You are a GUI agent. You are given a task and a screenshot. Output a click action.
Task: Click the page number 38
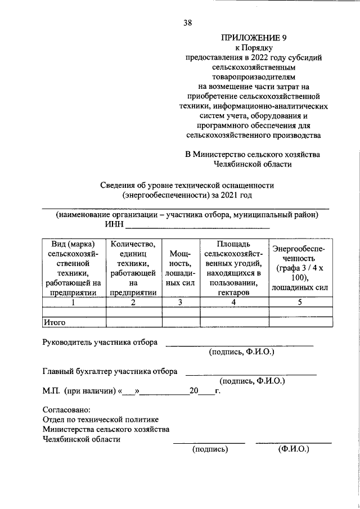(x=187, y=23)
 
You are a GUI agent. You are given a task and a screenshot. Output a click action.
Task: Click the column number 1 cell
(x=74, y=302)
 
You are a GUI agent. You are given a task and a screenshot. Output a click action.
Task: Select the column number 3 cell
(x=181, y=302)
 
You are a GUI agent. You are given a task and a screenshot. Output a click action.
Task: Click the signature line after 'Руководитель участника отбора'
(x=239, y=344)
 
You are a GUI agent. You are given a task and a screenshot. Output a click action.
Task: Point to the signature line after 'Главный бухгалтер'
(x=251, y=373)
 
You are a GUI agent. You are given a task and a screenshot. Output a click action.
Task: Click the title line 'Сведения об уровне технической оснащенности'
(x=187, y=185)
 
